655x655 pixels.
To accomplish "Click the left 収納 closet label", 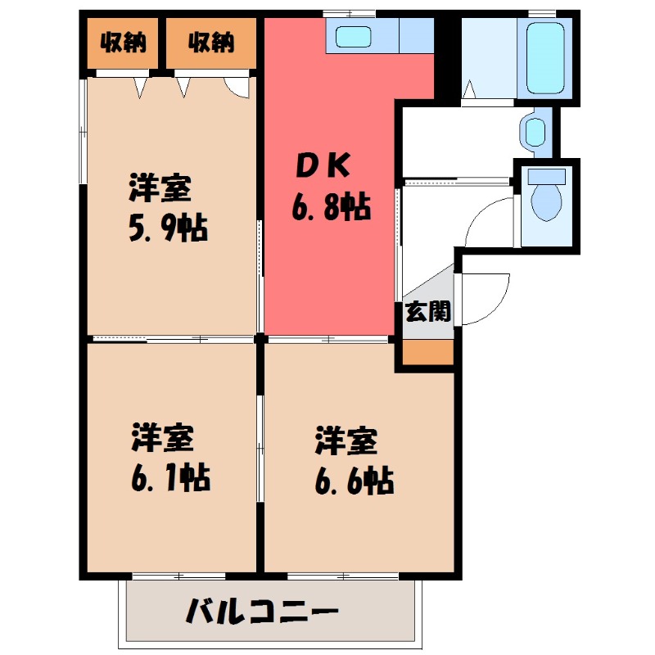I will [x=124, y=42].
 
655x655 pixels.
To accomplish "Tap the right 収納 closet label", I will [x=210, y=42].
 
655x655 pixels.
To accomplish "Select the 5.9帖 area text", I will [x=167, y=228].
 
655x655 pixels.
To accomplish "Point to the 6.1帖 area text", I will [x=171, y=476].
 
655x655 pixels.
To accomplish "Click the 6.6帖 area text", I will [x=354, y=480].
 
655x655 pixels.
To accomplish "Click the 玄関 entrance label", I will [x=428, y=311].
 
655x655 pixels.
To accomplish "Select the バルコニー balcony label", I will [x=261, y=611].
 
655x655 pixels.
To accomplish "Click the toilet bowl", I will [x=544, y=201].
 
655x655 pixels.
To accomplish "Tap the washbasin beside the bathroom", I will [x=535, y=130].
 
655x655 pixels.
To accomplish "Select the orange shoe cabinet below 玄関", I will [x=427, y=352].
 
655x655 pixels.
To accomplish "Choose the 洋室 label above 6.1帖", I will [x=163, y=437].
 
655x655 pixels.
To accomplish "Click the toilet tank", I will [x=546, y=175].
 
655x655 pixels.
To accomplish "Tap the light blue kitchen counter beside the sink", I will [x=416, y=35].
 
